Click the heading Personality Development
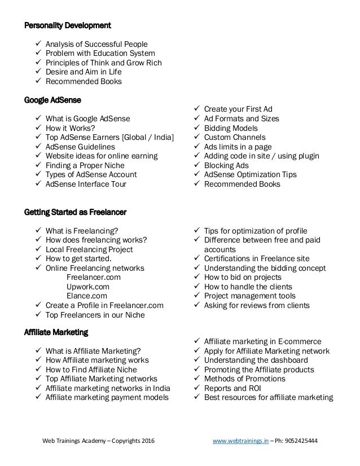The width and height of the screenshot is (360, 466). (x=67, y=25)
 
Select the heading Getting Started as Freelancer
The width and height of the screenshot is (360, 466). (x=75, y=212)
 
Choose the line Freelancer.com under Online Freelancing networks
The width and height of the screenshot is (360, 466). (x=93, y=278)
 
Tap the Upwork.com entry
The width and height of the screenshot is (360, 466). (x=89, y=287)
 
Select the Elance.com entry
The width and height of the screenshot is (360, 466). (x=87, y=296)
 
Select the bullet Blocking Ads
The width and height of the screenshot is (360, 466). (x=226, y=165)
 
